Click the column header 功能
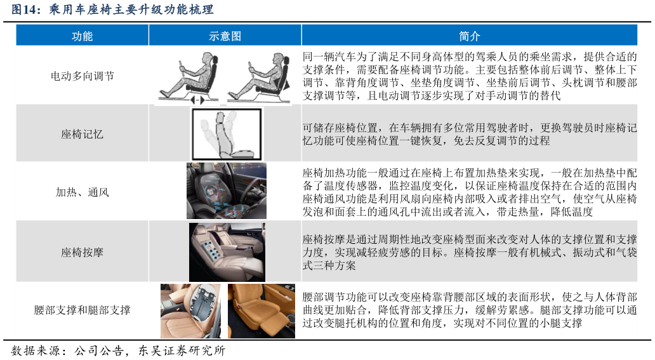pos(82,36)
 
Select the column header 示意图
pos(225,36)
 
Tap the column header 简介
pos(469,36)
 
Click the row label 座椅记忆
pos(82,134)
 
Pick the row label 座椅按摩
pos(82,252)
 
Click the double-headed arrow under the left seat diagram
pos(197,100)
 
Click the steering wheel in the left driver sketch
pos(182,67)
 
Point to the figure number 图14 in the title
pos(23,10)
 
